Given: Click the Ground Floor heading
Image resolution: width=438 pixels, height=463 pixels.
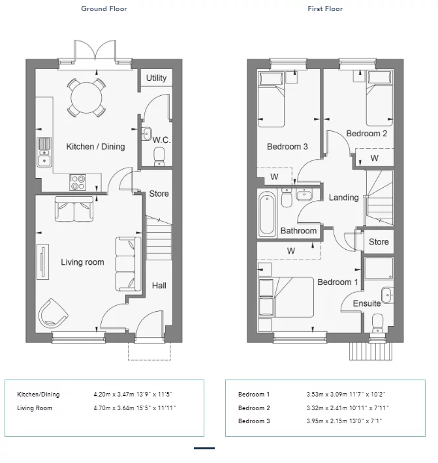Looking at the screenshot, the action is tap(104, 8).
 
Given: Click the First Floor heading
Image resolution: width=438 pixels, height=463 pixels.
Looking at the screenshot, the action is tap(325, 8).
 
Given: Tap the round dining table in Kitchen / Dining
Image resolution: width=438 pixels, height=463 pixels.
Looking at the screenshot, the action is tap(86, 98).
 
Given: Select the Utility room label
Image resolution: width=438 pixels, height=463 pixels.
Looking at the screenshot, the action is tap(157, 78).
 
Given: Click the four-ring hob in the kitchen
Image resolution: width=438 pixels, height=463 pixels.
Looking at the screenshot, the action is tap(78, 182).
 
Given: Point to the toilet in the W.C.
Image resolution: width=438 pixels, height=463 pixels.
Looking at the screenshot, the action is tap(159, 157).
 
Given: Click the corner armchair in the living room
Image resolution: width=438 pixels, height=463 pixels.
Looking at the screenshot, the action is tap(53, 313).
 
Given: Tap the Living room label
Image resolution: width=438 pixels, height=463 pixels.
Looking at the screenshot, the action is tap(82, 262).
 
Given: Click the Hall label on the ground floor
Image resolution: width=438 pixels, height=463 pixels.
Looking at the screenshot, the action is tap(159, 286).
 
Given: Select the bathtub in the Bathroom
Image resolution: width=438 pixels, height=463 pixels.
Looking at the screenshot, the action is tap(267, 213).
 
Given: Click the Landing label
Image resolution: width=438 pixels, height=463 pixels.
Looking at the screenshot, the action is tap(344, 198).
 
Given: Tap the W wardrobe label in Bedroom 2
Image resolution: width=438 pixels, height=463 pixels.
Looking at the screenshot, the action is tap(375, 158).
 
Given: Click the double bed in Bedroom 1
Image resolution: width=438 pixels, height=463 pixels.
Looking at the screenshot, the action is tap(286, 297).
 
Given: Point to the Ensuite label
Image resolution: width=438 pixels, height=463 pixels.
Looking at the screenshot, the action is tap(367, 303).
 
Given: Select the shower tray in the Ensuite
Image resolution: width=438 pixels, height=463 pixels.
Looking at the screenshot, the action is tap(379, 269).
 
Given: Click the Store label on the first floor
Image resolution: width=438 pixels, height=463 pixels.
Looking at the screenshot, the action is tap(379, 242).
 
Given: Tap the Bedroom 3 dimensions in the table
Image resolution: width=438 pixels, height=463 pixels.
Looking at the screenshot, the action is tap(344, 421).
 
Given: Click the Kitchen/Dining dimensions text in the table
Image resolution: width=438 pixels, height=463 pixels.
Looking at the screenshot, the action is tap(133, 394).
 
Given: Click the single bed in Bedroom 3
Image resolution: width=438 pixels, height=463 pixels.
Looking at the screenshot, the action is tap(272, 99).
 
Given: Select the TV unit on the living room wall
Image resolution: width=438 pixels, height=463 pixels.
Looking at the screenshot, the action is tap(43, 261).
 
